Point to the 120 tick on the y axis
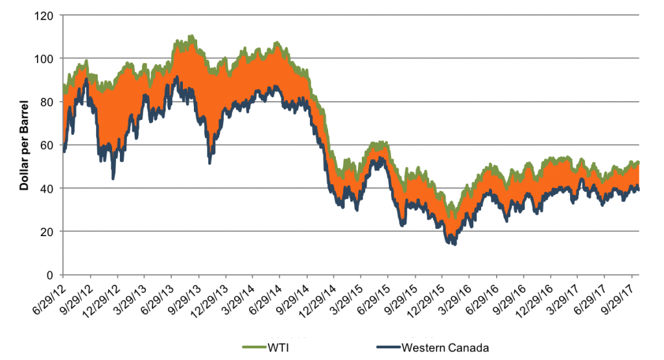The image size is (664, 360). click(x=47, y=15)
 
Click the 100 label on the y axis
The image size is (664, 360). click(x=47, y=58)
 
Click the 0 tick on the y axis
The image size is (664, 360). click(x=52, y=275)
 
